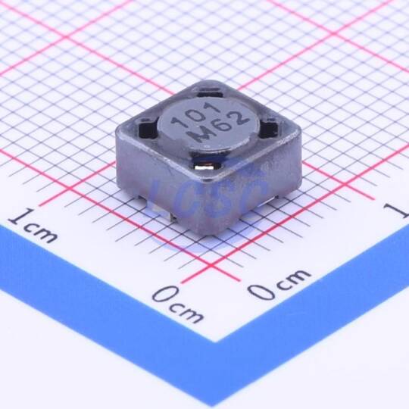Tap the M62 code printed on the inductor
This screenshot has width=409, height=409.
pos(218,128)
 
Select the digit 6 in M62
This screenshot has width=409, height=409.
pos(220,127)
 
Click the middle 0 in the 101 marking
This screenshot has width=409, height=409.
pos(196,115)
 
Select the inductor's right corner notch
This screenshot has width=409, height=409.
pos(270,126)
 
